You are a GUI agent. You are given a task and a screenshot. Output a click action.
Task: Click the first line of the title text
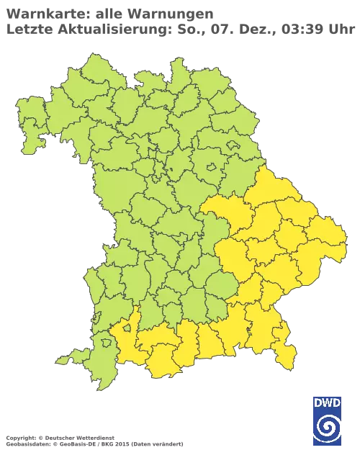tap(108, 12)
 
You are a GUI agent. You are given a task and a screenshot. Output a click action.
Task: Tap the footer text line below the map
tap(94, 437)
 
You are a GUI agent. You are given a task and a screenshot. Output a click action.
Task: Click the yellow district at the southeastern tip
tap(287, 355)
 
